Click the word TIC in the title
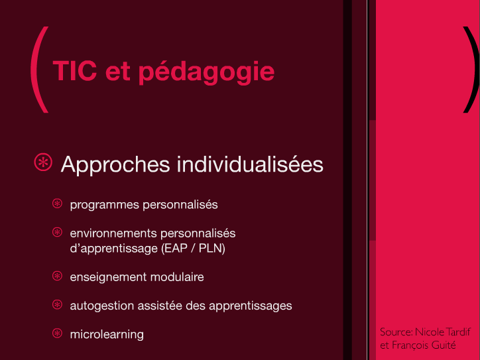(75, 71)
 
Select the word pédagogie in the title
(207, 72)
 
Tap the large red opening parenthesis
(40, 70)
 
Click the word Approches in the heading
(115, 165)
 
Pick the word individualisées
(250, 164)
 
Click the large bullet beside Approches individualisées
(43, 162)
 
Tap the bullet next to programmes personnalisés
(57, 204)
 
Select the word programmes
(104, 205)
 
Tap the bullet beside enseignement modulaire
(57, 276)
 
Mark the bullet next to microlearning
(57, 333)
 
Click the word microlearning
(107, 335)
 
